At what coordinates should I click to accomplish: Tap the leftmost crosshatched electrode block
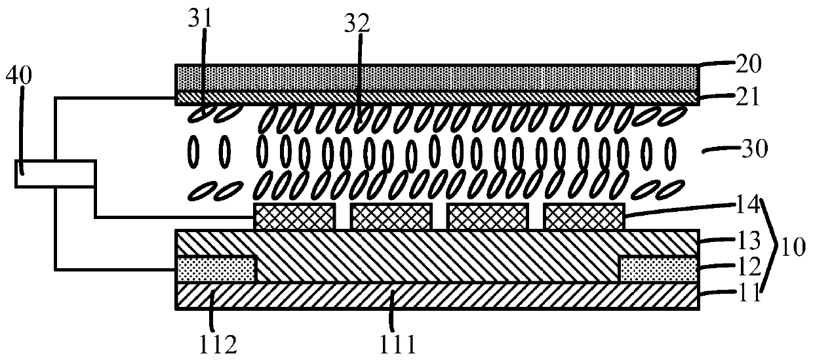coord(294,217)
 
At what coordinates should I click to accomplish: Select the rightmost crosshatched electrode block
coord(584,217)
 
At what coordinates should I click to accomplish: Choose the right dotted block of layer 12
coord(658,269)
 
